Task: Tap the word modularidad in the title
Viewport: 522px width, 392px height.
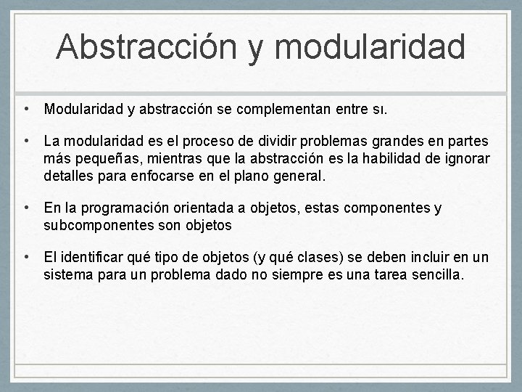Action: click(370, 46)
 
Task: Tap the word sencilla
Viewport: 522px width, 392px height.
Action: click(434, 275)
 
